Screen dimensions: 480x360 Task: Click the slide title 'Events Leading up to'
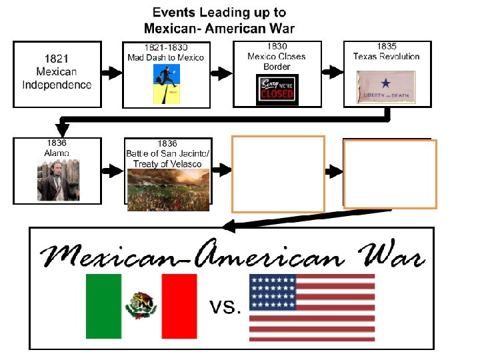(219, 13)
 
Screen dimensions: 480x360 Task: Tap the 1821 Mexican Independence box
(57, 73)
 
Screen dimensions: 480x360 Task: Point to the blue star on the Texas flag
(385, 83)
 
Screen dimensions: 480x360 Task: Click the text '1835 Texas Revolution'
(386, 51)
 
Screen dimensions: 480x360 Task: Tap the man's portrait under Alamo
(57, 179)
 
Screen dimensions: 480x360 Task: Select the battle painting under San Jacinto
(168, 190)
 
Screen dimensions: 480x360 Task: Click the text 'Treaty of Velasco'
(167, 164)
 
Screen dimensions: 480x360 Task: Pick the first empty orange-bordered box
(277, 173)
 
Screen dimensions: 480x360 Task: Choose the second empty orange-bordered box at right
(391, 173)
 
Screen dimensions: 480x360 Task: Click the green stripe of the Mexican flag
(103, 306)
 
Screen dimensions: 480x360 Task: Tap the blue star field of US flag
(273, 293)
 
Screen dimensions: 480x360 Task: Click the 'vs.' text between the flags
(225, 307)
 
